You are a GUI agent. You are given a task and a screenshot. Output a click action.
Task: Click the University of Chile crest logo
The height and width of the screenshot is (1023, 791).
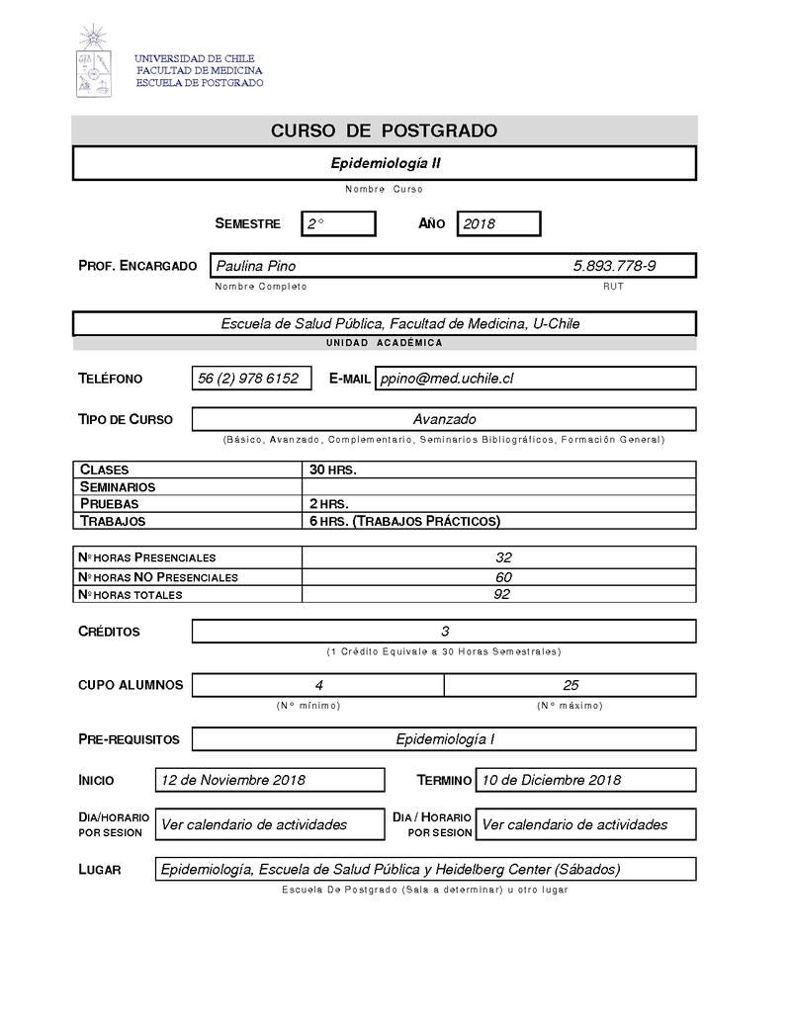click(95, 61)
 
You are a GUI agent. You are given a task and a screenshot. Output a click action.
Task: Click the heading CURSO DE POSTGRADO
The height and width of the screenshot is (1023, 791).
click(384, 131)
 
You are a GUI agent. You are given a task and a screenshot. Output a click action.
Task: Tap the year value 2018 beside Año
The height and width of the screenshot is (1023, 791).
click(480, 224)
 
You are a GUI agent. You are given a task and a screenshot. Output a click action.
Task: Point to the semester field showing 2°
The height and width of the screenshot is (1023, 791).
click(316, 224)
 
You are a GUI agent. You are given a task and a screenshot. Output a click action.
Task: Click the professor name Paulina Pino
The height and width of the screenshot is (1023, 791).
click(256, 266)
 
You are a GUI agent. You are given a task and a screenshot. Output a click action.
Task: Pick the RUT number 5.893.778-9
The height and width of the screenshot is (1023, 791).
click(614, 266)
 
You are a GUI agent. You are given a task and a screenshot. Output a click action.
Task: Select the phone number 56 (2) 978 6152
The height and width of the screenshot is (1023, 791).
click(248, 379)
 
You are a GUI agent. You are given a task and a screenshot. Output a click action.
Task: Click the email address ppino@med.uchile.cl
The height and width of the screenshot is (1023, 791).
click(447, 379)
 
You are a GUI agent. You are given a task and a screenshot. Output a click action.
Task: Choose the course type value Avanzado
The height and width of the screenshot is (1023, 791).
click(444, 419)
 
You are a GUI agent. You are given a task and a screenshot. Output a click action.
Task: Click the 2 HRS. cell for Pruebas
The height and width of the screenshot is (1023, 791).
click(329, 504)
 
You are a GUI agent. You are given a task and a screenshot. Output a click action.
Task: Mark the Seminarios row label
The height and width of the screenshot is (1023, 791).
click(118, 487)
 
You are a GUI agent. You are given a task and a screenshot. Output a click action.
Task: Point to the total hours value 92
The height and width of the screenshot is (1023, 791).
click(502, 594)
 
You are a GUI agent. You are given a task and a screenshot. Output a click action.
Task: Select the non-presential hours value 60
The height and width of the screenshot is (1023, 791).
click(503, 577)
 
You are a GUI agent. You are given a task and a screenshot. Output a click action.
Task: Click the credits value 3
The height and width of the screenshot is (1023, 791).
click(445, 631)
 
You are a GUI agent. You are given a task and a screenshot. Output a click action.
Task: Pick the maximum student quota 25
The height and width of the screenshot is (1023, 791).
click(571, 685)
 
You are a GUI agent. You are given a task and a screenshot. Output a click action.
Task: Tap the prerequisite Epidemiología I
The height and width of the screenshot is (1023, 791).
click(445, 739)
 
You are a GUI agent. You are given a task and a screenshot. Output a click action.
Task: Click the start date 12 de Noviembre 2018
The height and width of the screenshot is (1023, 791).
click(233, 780)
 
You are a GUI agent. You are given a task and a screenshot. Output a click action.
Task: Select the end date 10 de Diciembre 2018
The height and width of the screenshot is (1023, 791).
click(551, 780)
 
